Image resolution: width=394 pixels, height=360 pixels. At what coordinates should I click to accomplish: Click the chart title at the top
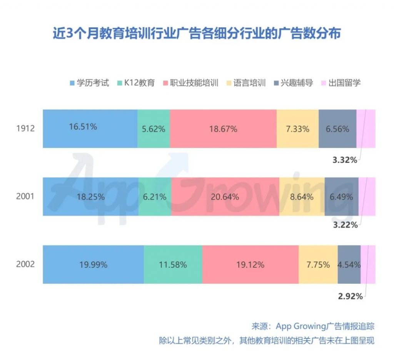pyautogui.click(x=197, y=33)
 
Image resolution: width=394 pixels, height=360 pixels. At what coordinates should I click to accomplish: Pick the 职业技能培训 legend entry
pyautogui.click(x=191, y=82)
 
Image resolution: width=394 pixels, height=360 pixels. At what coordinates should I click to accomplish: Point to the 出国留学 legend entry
pyautogui.click(x=340, y=82)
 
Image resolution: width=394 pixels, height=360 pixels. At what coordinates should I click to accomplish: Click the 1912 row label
pyautogui.click(x=25, y=129)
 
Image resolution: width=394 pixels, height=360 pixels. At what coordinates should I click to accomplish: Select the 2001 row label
pyautogui.click(x=25, y=197)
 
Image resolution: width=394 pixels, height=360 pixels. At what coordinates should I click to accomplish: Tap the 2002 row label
pyautogui.click(x=25, y=265)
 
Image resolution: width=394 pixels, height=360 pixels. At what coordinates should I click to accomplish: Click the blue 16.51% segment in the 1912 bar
pyautogui.click(x=90, y=129)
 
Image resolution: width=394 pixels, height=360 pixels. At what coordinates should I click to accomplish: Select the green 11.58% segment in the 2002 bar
pyautogui.click(x=173, y=265)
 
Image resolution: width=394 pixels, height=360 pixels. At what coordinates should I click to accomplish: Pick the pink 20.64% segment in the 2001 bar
pyautogui.click(x=225, y=197)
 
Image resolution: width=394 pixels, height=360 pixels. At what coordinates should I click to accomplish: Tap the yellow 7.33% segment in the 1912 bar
pyautogui.click(x=297, y=129)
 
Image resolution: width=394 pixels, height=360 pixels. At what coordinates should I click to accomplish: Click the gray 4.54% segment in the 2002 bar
pyautogui.click(x=349, y=265)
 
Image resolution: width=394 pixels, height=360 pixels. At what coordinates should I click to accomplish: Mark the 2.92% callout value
pyautogui.click(x=350, y=296)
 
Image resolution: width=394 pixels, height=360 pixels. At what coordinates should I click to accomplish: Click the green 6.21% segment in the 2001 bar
pyautogui.click(x=155, y=197)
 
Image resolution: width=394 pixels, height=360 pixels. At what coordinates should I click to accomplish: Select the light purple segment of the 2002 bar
pyautogui.click(x=368, y=265)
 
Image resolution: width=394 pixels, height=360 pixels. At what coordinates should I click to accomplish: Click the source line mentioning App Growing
pyautogui.click(x=312, y=327)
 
